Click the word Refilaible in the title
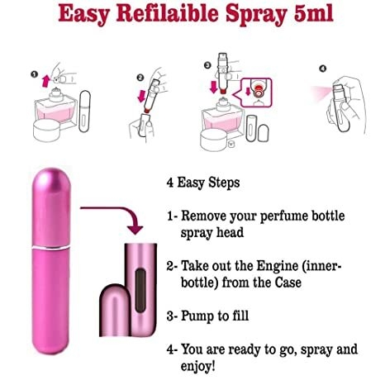pos(167,14)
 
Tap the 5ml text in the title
pos(314,13)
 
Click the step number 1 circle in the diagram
pos(34,74)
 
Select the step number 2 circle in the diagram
pos(140,78)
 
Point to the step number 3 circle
pos(207,65)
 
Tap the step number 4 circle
pos(323,69)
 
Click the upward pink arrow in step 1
pos(45,81)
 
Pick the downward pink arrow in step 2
pos(142,96)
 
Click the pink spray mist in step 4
pos(321,92)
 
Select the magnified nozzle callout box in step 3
pos(256,93)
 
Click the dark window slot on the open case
pos(140,291)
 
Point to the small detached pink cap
pos(114,310)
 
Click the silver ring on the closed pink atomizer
pos(51,248)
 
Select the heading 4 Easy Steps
pos(203,183)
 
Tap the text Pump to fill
pos(215,316)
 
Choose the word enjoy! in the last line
pos(197,366)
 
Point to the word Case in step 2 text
pos(288,283)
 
